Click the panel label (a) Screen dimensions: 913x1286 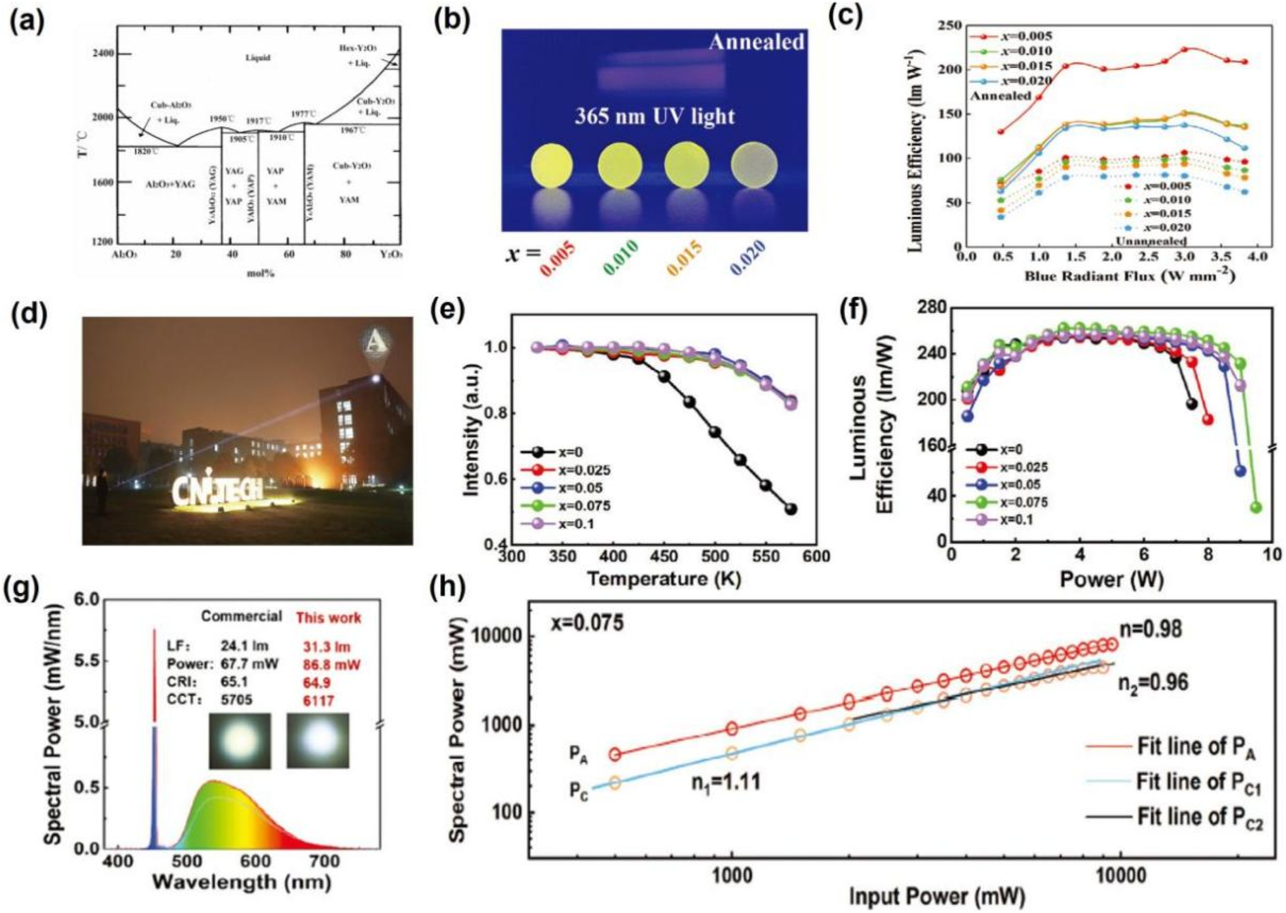27,23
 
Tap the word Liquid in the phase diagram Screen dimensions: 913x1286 258,58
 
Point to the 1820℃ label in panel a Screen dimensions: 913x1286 145,152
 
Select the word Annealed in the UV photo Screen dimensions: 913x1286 756,42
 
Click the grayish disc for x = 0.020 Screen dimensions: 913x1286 755,165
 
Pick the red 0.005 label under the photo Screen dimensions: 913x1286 558,258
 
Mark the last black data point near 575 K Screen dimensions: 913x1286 791,509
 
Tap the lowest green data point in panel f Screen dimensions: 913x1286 1256,508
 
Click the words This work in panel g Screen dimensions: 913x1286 328,617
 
